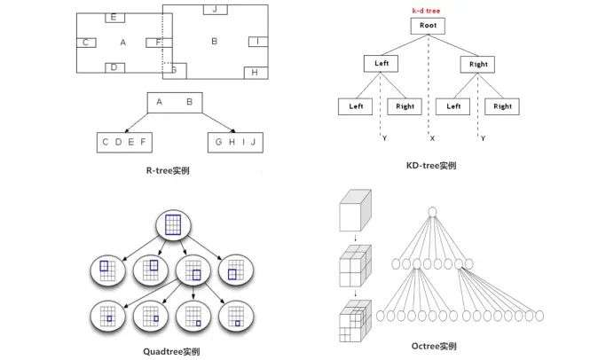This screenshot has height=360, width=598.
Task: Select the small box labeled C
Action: point(86,43)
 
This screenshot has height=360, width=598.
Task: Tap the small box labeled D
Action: point(114,67)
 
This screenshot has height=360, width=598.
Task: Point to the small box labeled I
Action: point(256,42)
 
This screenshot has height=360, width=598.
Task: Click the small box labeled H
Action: point(255,72)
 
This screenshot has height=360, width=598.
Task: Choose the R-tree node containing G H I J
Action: point(235,141)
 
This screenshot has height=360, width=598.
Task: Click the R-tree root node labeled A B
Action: point(174,102)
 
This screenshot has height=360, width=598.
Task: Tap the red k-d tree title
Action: point(426,10)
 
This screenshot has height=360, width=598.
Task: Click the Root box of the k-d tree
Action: point(429,26)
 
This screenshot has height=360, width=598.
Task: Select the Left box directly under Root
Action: point(381,64)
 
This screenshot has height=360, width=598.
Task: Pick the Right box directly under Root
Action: point(477,64)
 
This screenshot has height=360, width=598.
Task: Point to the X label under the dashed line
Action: point(432,138)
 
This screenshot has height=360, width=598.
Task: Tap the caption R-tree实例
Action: point(166,170)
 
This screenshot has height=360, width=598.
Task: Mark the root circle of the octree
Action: point(433,211)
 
